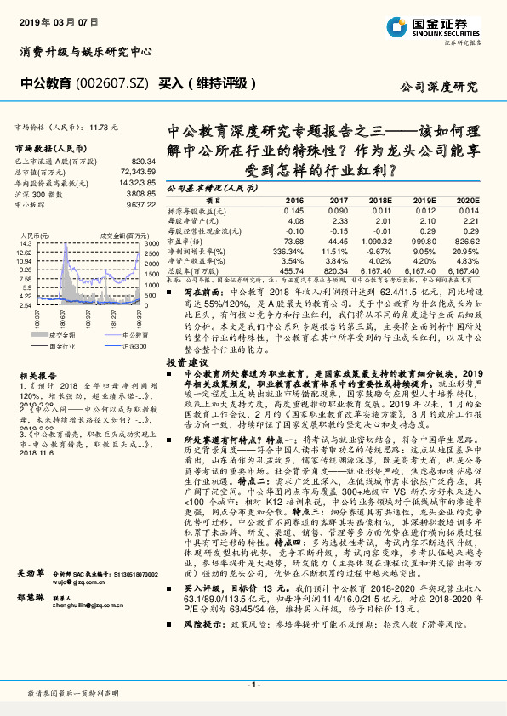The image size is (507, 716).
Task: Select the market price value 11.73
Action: [x=101, y=127]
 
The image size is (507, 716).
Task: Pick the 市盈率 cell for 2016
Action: [x=293, y=241]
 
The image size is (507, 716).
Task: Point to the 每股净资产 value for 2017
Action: [x=338, y=220]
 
